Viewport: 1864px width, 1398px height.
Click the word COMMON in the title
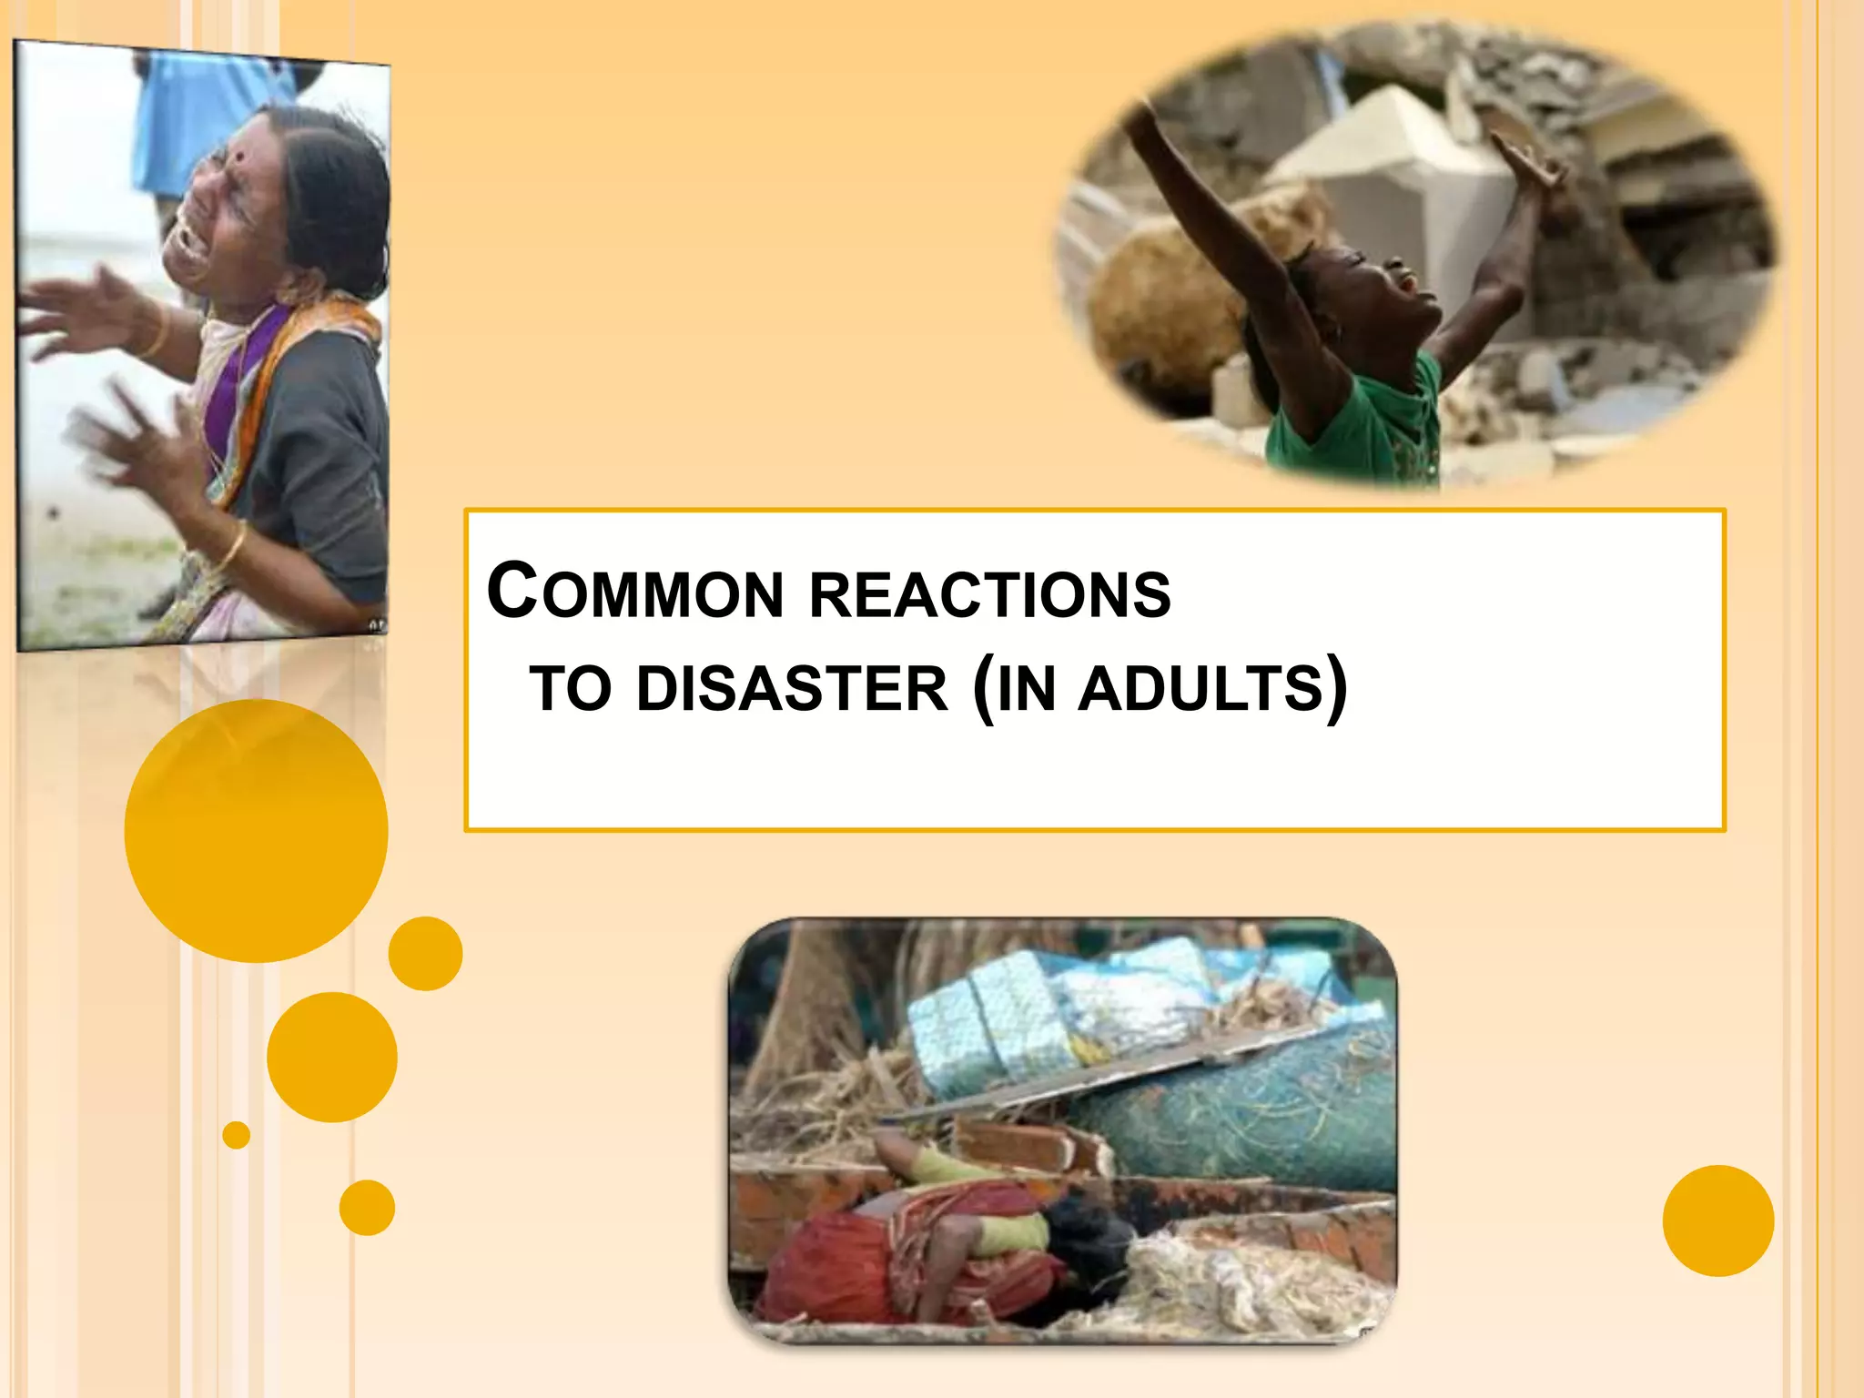pos(635,592)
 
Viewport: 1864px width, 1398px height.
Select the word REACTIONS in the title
pos(989,594)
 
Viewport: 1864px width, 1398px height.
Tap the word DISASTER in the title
pos(792,689)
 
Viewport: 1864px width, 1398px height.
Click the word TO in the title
pos(571,689)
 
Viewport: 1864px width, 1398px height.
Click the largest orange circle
pos(256,831)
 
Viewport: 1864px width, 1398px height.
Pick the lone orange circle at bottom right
pos(1717,1221)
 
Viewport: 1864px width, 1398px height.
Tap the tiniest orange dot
pos(236,1135)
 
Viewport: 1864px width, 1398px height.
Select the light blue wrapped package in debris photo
pos(992,1019)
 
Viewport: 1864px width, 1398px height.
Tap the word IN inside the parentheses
pos(1027,689)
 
